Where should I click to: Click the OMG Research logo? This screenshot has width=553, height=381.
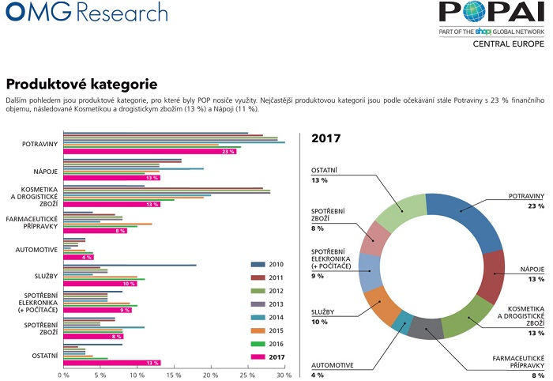click(x=85, y=13)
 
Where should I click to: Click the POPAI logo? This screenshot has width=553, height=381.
click(x=492, y=15)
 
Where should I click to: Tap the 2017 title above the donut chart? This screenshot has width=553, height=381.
click(x=326, y=138)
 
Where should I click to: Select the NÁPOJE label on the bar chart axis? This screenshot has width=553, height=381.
click(x=43, y=170)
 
